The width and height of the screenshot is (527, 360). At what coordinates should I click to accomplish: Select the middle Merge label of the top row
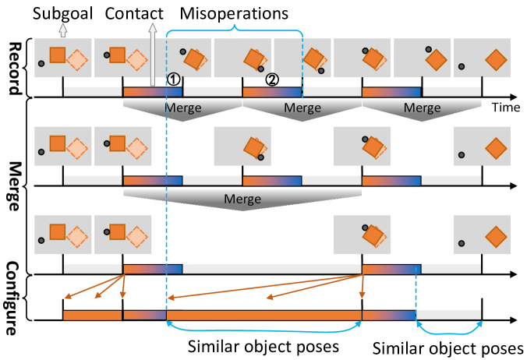pos(302,108)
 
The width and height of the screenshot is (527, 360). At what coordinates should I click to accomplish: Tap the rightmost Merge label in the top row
pos(421,108)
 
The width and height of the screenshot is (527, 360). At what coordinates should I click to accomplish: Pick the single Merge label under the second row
pos(242,199)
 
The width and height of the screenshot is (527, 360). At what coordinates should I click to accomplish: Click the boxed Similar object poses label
pos(263,345)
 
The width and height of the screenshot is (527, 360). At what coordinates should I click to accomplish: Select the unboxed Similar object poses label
pos(447,347)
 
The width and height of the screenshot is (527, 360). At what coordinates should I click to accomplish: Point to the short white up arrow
pos(62,30)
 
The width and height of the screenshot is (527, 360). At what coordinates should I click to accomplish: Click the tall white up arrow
pos(153,55)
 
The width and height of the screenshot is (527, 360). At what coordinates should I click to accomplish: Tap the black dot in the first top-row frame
pos(41,63)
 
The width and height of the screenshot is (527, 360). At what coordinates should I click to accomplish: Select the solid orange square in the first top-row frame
pos(57,55)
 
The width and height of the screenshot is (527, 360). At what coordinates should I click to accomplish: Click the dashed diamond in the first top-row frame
pos(76,59)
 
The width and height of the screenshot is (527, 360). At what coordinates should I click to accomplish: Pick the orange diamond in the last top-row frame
pos(496,59)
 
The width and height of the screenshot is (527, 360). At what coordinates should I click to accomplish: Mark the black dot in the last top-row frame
pos(462,67)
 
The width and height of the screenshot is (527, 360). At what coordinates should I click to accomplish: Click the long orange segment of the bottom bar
pos(264,316)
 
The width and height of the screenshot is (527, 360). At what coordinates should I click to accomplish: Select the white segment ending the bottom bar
pos(448,315)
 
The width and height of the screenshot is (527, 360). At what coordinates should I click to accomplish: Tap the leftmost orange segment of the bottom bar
pos(92,316)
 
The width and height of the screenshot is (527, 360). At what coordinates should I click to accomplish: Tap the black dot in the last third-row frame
pos(462,244)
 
